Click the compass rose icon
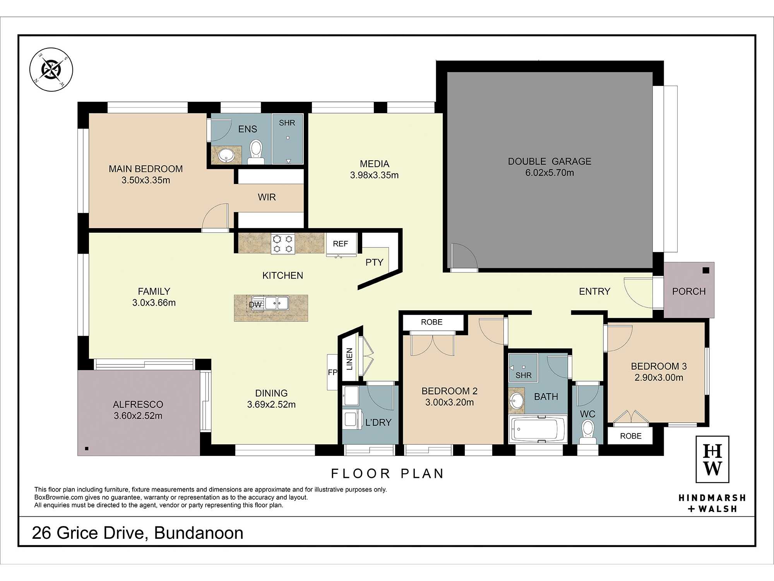tap(51, 70)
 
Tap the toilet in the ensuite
tap(256, 152)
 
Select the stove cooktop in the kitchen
tap(283, 244)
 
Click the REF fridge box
tap(341, 244)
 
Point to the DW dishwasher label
tap(255, 305)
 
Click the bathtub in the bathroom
tap(538, 429)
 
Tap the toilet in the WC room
tap(587, 432)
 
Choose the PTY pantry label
tap(374, 262)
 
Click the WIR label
tap(267, 197)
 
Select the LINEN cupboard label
tap(349, 359)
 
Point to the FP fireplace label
tap(332, 372)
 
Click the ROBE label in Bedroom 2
tap(432, 322)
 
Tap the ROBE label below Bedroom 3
tap(630, 436)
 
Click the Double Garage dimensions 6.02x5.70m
tap(550, 173)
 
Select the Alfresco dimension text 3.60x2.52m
tap(138, 416)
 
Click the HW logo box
tap(712, 459)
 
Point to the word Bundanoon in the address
tap(199, 533)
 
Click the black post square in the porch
tap(706, 270)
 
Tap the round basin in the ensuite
tap(226, 156)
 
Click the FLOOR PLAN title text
tap(387, 473)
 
